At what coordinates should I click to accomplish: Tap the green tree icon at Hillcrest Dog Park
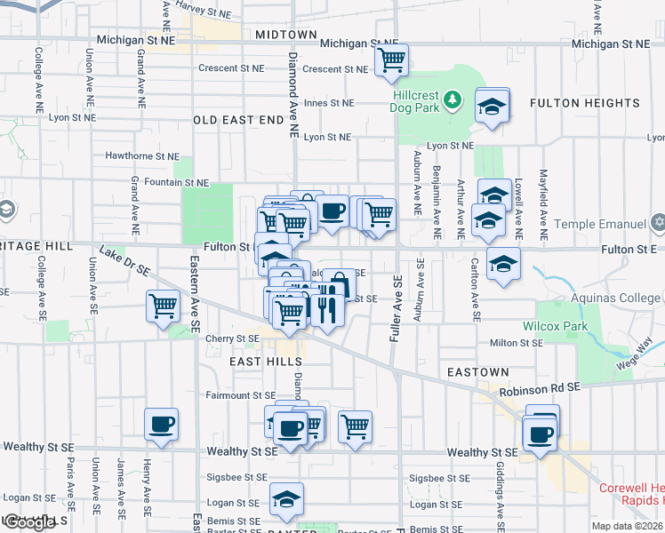point(453,98)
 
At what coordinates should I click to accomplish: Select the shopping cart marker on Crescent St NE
point(391,61)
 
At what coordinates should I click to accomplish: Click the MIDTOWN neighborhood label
point(285,35)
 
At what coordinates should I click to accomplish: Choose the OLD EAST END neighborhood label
point(238,120)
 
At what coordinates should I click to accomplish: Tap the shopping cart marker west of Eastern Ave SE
point(164,307)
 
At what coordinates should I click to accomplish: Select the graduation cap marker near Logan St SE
point(286,500)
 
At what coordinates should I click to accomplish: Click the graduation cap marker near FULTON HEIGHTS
point(492,107)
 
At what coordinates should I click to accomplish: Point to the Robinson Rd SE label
point(539,389)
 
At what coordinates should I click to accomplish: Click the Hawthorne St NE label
point(142,155)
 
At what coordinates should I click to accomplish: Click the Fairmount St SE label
point(241,395)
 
